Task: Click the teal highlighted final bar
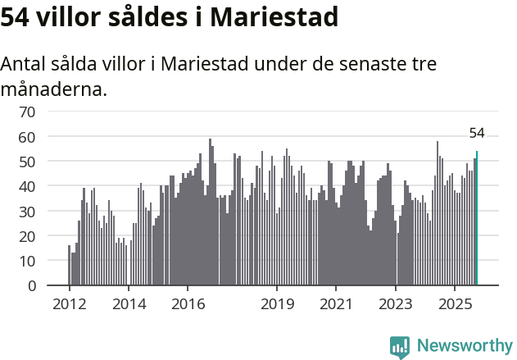tap(477, 219)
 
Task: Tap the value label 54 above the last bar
tap(477, 134)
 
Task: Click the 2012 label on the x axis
tap(69, 305)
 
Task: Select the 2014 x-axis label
tap(129, 305)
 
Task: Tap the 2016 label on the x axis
tap(188, 305)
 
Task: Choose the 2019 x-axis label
tap(277, 305)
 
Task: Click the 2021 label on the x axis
tap(337, 305)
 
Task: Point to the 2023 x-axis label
tap(396, 305)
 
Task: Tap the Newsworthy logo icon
tap(400, 347)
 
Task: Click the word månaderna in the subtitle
tap(54, 89)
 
